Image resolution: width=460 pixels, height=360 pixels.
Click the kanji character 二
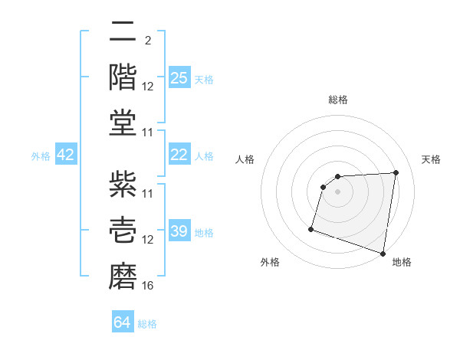point(123,33)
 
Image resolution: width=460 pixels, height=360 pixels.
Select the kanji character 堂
point(123,123)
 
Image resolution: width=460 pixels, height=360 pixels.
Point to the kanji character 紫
point(123,185)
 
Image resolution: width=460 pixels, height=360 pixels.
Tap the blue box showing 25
point(179,78)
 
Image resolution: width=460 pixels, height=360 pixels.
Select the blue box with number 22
point(179,155)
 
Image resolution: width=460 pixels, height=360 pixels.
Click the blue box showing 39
point(179,231)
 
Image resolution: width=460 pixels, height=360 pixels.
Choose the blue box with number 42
point(66,155)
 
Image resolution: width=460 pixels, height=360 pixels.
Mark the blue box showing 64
point(122,322)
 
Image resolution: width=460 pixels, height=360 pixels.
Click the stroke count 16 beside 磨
point(148,286)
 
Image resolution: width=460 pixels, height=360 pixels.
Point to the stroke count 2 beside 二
point(147,41)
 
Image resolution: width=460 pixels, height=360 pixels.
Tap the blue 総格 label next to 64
point(147,324)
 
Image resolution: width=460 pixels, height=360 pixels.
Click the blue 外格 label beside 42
point(41,156)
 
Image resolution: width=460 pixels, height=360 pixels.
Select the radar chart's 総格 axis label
point(337,100)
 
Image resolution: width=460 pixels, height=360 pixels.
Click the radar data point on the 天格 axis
point(396,172)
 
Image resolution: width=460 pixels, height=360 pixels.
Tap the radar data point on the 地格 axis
point(383,253)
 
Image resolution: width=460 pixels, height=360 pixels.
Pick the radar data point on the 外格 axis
point(311,228)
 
